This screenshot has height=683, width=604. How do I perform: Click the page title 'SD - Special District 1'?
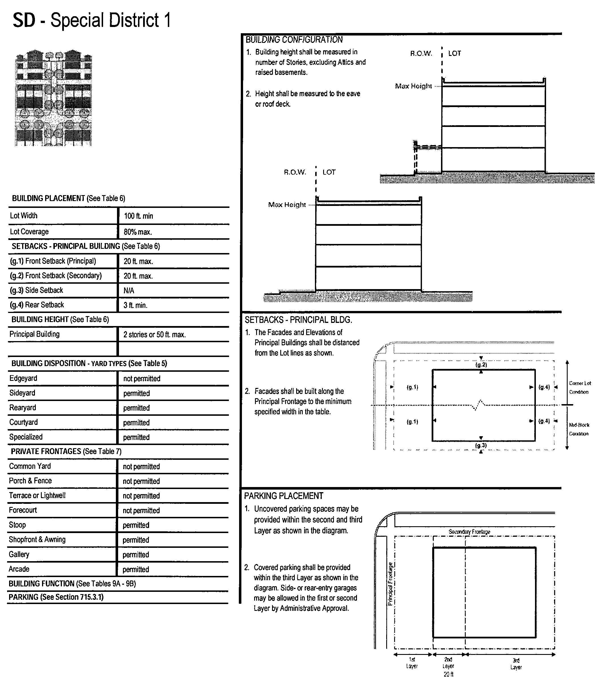(92, 20)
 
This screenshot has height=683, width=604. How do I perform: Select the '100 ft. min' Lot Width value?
(138, 216)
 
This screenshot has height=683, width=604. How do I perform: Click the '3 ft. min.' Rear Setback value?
(135, 305)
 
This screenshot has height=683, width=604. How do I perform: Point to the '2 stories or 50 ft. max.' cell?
(154, 335)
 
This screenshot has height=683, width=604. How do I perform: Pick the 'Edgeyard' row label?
(23, 378)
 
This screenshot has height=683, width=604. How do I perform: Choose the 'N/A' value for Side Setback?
(129, 290)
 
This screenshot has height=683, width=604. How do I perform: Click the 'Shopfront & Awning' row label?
(37, 539)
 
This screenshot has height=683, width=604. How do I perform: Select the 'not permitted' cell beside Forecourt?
(141, 510)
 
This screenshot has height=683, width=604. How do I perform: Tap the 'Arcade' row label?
(19, 569)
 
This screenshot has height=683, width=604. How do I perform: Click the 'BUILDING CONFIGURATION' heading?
(294, 40)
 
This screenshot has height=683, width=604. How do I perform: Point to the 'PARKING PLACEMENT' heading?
(284, 496)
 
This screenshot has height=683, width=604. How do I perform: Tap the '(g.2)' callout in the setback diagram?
(481, 365)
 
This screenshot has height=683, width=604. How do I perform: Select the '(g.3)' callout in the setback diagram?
(481, 445)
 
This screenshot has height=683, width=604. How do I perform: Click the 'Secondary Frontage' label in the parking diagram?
(469, 532)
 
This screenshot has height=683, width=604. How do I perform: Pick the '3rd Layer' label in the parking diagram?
(516, 664)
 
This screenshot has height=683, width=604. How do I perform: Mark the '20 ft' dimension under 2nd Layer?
(448, 674)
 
